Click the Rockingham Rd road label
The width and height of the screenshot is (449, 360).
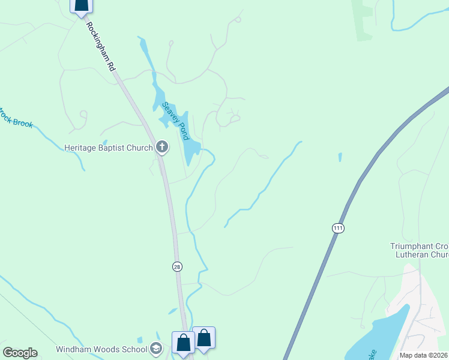100,47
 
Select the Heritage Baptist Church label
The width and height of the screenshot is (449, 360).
109,147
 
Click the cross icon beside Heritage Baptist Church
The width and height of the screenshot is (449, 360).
161,147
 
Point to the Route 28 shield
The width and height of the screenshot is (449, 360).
177,266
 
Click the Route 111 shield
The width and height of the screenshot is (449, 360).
338,228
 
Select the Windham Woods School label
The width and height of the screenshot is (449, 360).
101,349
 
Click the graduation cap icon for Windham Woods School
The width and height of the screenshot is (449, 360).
156,349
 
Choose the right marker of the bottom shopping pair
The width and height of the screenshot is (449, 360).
204,338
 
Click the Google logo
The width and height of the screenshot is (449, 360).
20,353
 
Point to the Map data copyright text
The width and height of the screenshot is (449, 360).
424,355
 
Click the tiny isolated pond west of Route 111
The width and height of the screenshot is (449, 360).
340,158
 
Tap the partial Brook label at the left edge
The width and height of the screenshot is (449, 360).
17,118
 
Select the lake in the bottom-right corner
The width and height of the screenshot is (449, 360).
378,336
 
